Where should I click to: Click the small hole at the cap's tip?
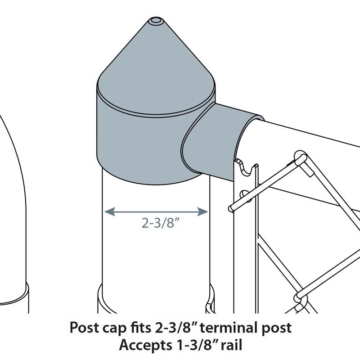pos(156,20)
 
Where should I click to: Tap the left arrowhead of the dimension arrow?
pos(109,211)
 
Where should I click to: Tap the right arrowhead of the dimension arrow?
pos(203,211)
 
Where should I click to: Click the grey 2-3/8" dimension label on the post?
pos(161,223)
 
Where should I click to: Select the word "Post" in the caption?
pos(84,328)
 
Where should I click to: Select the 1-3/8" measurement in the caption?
pos(196,345)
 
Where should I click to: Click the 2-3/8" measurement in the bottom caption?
pos(176,328)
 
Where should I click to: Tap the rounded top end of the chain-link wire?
pos(301,158)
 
